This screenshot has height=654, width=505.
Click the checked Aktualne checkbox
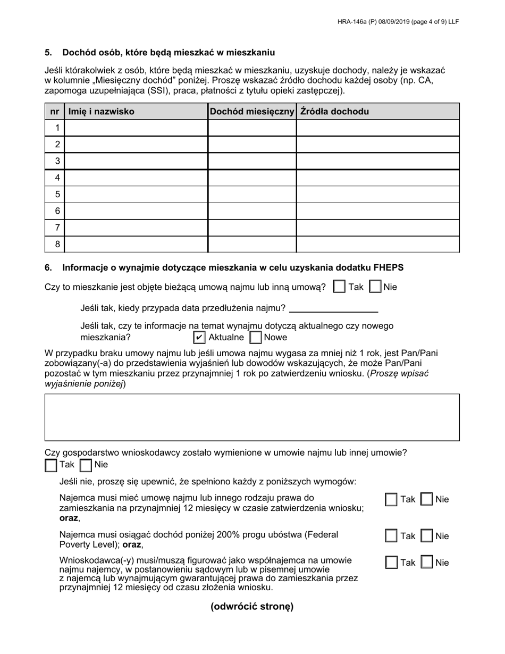(x=199, y=337)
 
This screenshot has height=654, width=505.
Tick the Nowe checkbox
(x=256, y=337)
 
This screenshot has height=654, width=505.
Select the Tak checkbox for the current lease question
(x=339, y=287)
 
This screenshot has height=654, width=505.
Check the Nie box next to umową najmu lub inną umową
(x=375, y=287)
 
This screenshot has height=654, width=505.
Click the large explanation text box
(x=252, y=417)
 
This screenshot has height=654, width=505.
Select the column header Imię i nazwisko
(x=100, y=112)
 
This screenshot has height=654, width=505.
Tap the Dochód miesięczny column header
(x=252, y=112)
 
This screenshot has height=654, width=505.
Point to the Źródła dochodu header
(x=334, y=112)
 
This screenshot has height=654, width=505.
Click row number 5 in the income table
(x=57, y=194)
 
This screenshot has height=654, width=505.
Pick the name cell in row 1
(x=136, y=128)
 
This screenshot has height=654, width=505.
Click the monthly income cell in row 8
(x=252, y=244)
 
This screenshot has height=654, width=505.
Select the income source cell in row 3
(x=377, y=161)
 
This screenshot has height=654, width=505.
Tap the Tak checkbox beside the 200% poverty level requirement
(x=391, y=536)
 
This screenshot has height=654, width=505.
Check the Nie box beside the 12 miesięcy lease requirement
(x=427, y=499)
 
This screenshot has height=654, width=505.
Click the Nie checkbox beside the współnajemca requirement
(x=427, y=563)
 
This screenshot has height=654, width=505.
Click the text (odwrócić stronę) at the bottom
(x=252, y=607)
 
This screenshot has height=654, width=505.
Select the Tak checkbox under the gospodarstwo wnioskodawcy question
(x=51, y=465)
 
